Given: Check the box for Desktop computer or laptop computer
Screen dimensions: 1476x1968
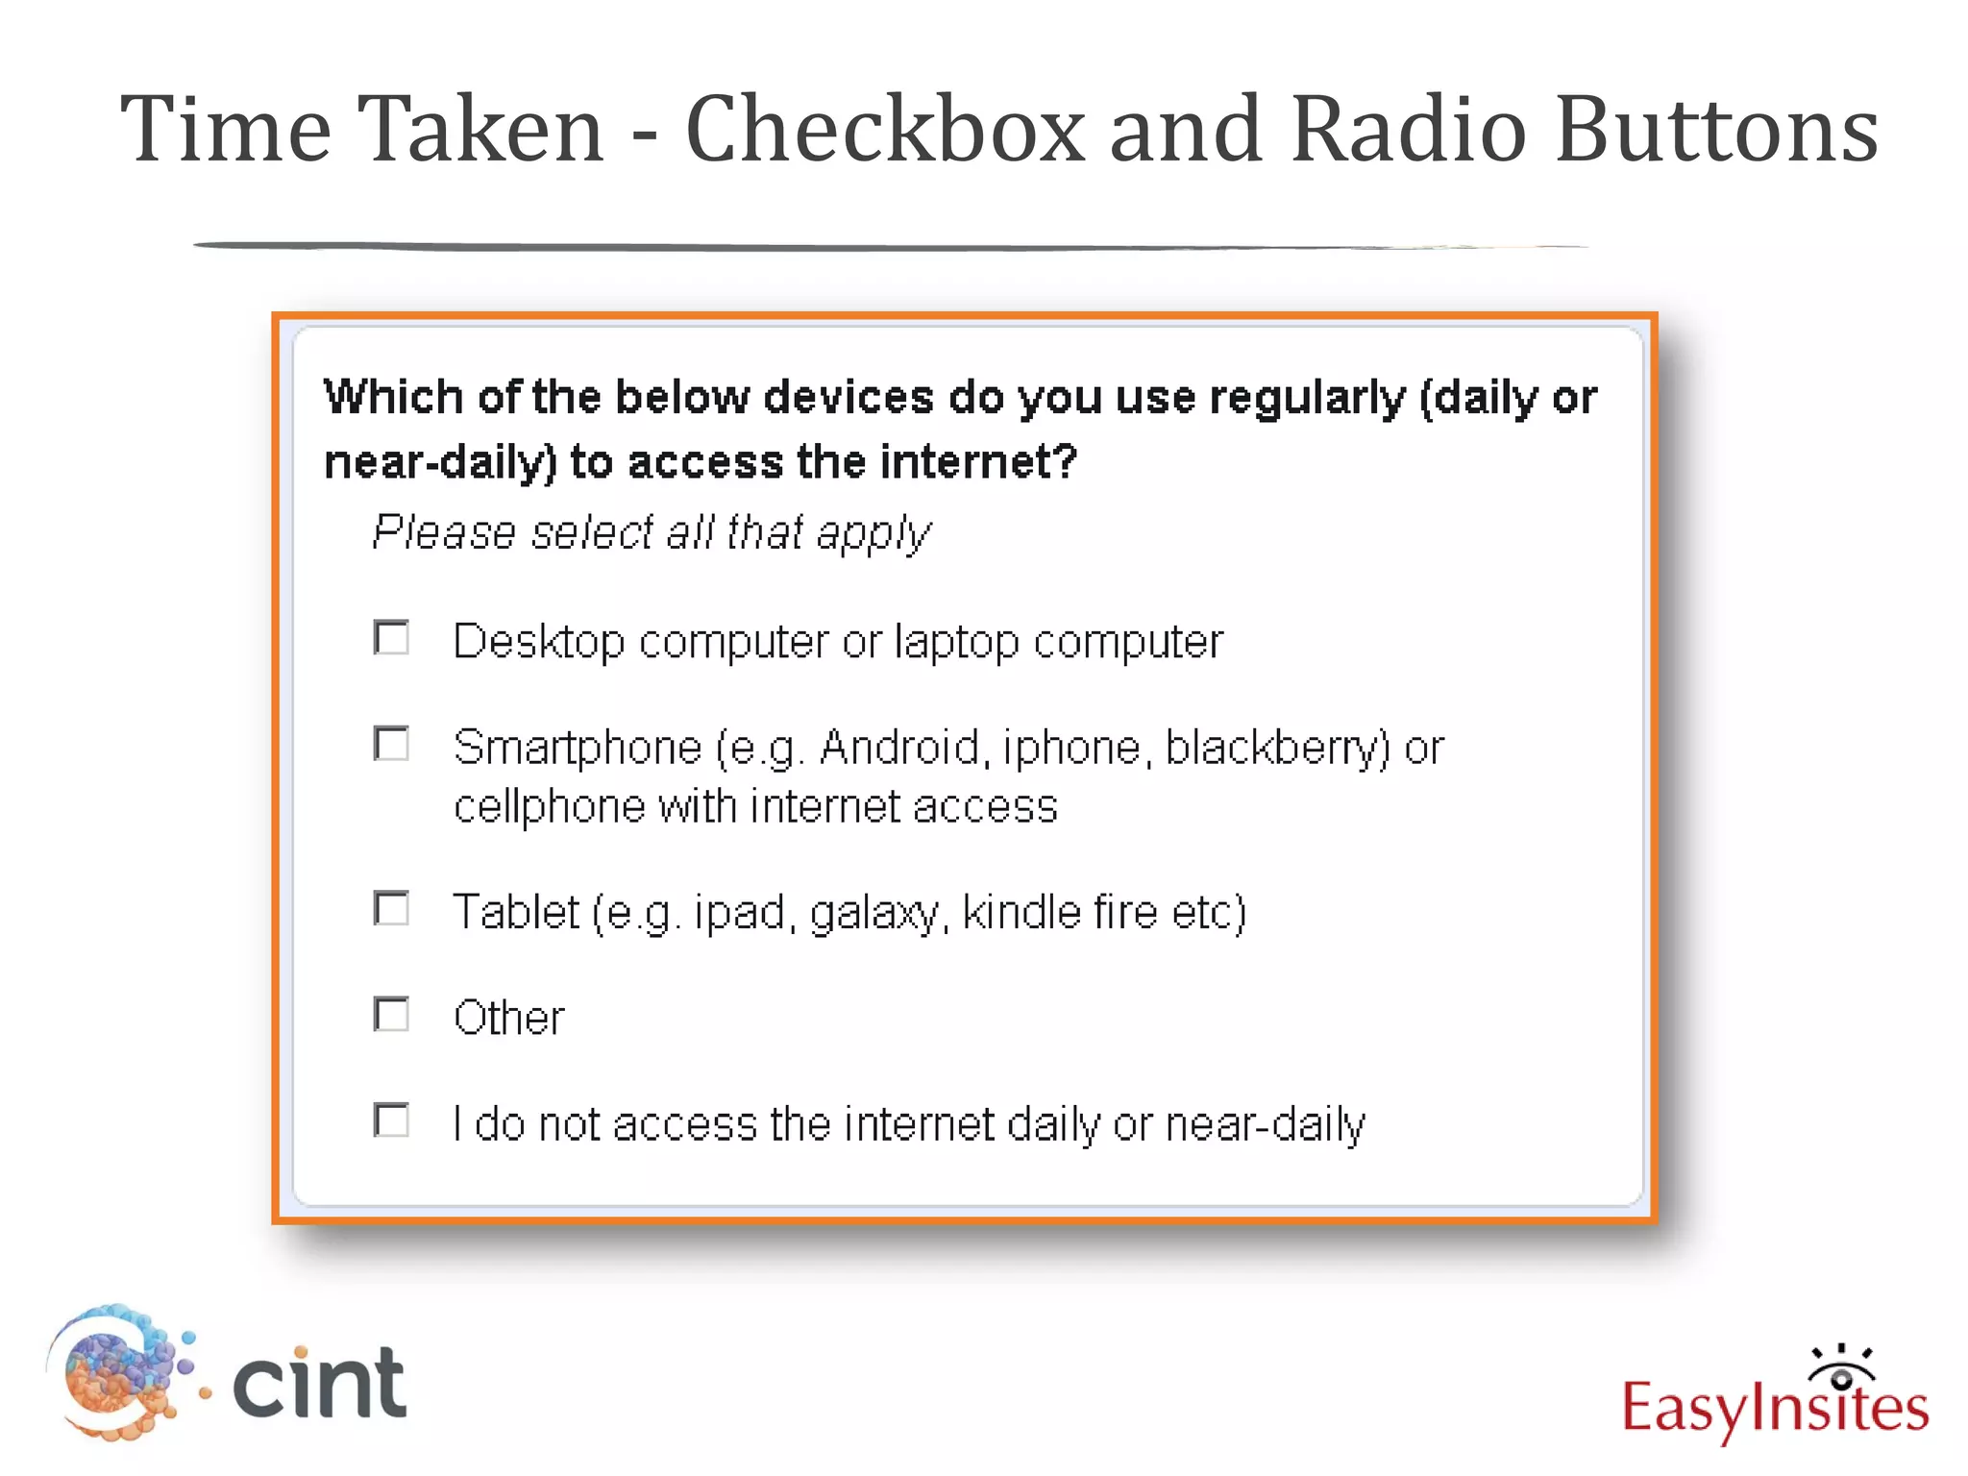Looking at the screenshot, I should (391, 638).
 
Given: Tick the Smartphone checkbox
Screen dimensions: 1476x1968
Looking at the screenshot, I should (391, 744).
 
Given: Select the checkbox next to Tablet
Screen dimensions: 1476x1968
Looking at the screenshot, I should (391, 908).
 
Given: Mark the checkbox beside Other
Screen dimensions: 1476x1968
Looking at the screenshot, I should (391, 1015).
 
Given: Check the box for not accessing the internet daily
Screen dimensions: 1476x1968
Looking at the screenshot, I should (391, 1120).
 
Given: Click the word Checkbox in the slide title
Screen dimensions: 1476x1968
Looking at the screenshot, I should (885, 129).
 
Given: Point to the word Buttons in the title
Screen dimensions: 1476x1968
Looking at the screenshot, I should (1716, 129).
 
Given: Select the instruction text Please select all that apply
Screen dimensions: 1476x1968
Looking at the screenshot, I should (652, 532).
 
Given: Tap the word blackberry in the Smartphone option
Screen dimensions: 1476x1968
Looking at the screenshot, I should (1277, 748).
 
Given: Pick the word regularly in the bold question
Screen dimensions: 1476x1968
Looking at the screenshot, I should (1307, 398).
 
